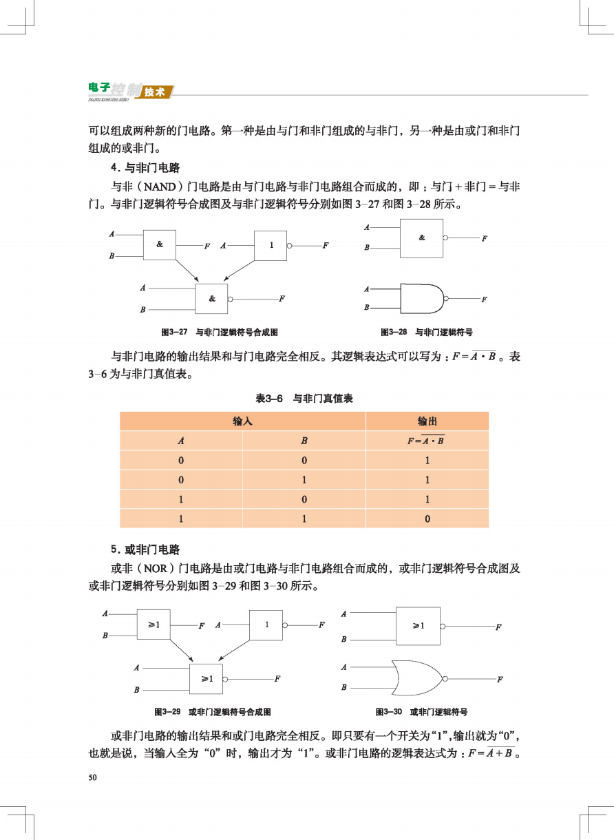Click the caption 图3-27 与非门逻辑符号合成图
pyautogui.click(x=219, y=332)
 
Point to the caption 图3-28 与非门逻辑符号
pyautogui.click(x=422, y=332)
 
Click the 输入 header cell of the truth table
pyautogui.click(x=242, y=421)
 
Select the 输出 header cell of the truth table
pyautogui.click(x=427, y=421)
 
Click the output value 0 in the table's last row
pyautogui.click(x=427, y=518)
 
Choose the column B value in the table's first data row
pyautogui.click(x=304, y=460)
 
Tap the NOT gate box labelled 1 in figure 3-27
pyautogui.click(x=271, y=245)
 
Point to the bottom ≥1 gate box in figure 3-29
pyautogui.click(x=207, y=679)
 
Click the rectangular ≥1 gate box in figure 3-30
pyautogui.click(x=417, y=626)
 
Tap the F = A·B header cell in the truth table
pyautogui.click(x=427, y=441)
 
